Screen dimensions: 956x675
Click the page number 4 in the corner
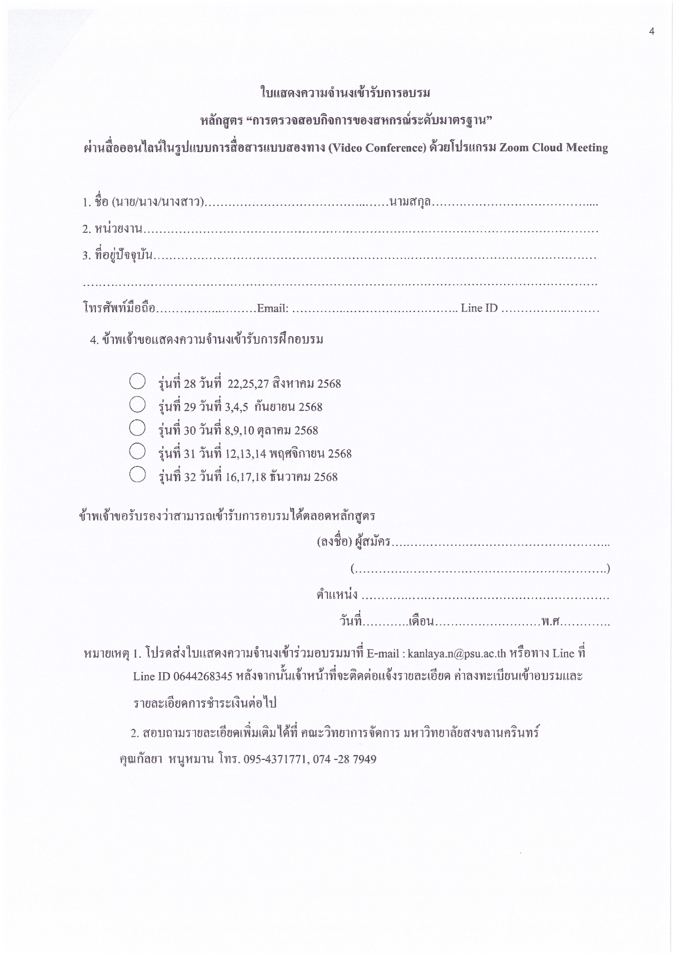652,32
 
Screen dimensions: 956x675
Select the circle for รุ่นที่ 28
137,381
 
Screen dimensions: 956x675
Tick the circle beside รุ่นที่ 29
137,404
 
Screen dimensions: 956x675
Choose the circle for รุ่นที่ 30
137,428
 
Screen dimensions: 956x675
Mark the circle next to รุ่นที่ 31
137,451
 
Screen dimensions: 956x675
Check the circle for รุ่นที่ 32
137,474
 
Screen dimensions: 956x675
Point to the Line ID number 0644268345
203,677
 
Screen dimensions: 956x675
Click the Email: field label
272,309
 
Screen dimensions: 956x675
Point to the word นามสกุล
410,203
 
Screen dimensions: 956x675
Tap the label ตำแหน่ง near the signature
337,594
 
